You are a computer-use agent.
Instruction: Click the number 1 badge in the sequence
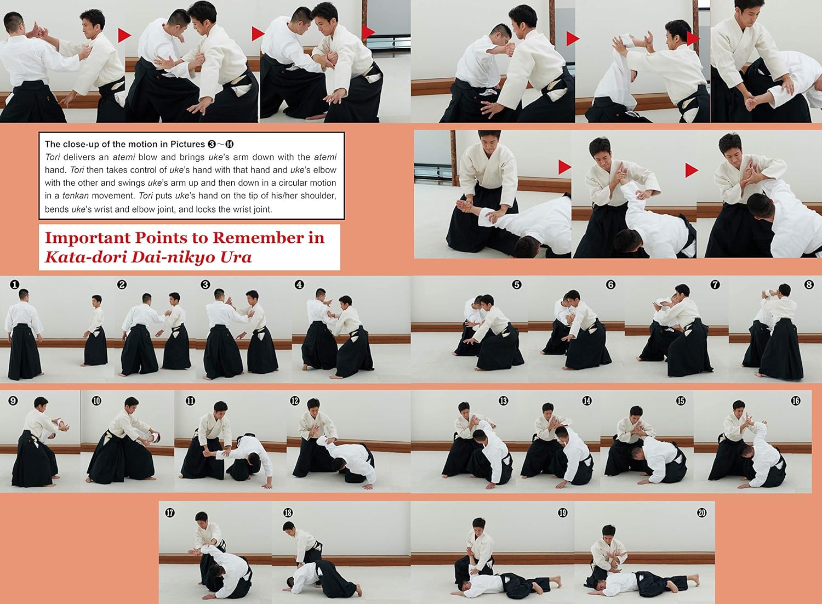click(x=14, y=284)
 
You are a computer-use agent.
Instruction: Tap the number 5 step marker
click(x=517, y=284)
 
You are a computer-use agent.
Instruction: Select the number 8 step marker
click(x=809, y=284)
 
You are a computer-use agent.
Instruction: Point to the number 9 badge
click(x=13, y=400)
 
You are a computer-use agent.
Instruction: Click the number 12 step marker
click(x=295, y=400)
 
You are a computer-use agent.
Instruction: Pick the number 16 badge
click(x=796, y=400)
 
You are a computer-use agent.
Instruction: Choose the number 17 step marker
click(x=170, y=512)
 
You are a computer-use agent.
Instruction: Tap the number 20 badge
click(x=701, y=512)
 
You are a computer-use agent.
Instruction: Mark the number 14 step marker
click(x=587, y=400)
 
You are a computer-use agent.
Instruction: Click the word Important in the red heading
click(x=87, y=238)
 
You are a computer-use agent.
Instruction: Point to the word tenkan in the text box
click(x=75, y=196)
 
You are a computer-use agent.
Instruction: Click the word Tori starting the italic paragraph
click(x=53, y=157)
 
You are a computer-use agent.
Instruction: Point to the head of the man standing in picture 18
click(x=288, y=527)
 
